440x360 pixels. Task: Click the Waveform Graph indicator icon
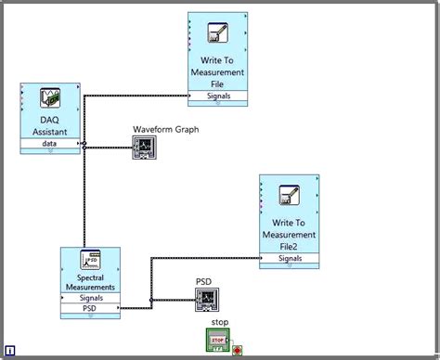146,147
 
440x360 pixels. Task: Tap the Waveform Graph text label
165,129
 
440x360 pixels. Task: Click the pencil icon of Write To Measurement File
217,33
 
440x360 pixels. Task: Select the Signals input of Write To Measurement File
217,96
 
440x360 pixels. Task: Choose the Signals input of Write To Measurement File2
289,259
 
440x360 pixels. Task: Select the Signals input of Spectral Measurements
90,297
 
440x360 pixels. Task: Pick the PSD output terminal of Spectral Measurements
90,307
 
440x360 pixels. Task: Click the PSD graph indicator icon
206,299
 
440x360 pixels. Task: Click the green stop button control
218,341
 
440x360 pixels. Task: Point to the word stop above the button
219,323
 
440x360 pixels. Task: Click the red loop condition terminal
238,350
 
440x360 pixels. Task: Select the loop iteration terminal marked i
8,353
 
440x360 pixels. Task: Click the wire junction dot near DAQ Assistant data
84,145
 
